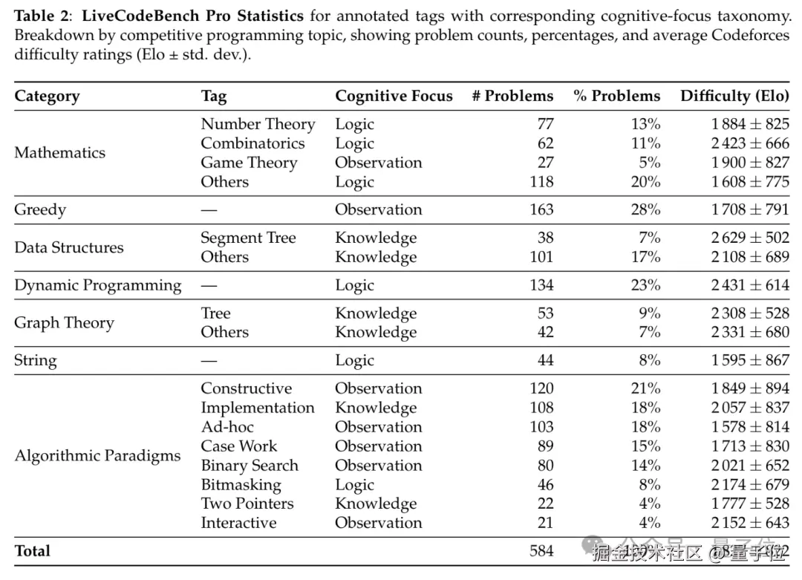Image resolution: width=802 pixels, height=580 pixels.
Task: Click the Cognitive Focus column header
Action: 394,96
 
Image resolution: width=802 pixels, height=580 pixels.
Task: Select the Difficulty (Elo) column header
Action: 734,96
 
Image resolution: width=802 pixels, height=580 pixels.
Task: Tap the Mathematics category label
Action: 60,153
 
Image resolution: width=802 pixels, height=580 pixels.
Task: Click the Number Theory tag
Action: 258,124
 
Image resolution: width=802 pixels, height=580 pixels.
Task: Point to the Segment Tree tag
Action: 248,238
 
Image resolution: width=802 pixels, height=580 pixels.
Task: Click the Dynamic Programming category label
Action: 97,285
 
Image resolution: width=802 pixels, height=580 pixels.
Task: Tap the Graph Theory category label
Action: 64,323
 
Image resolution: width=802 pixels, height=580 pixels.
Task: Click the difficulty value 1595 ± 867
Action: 750,360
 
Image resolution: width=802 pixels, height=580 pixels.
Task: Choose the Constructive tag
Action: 247,388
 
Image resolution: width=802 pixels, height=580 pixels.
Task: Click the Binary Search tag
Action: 250,466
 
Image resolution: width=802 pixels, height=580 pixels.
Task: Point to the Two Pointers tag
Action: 247,504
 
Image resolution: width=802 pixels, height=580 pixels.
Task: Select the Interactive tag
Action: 238,523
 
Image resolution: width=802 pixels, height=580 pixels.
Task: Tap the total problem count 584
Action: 541,550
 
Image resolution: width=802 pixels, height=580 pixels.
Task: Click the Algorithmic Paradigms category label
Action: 97,455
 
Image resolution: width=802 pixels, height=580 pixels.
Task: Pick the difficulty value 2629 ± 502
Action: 750,238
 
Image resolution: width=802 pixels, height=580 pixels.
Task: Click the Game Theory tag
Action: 249,163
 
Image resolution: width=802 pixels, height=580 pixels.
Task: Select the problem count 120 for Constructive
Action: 541,388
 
